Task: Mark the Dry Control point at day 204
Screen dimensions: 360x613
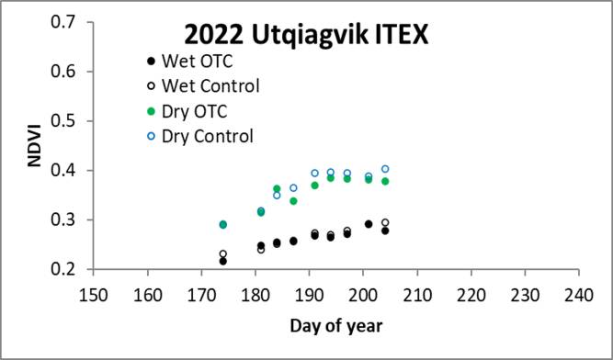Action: pos(385,169)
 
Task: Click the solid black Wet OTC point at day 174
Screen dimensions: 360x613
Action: pos(223,261)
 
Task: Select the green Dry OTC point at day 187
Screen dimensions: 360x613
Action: pos(293,200)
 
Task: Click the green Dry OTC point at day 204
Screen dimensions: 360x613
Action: pos(385,181)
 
